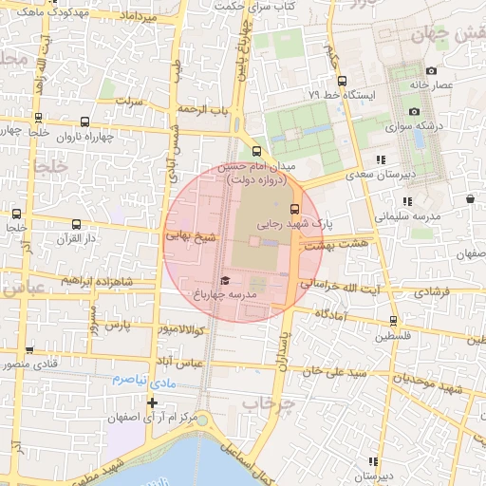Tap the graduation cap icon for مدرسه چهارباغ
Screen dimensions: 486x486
(x=225, y=280)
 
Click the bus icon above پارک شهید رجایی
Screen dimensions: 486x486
(x=293, y=209)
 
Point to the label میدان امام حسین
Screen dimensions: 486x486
(x=257, y=165)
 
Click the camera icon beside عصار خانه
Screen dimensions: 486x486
(x=431, y=70)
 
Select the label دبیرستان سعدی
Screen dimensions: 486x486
(x=381, y=176)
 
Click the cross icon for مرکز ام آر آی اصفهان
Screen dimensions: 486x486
(x=152, y=402)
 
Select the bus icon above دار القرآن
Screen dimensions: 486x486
(x=76, y=225)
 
